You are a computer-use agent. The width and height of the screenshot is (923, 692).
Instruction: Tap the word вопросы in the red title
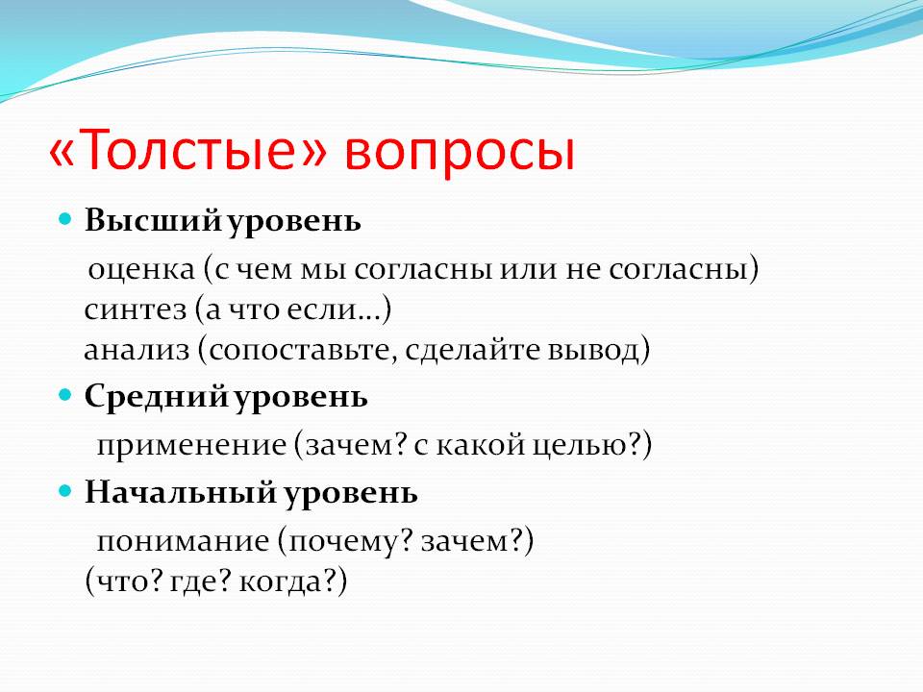(460, 154)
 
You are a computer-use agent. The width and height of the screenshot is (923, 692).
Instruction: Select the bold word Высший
(153, 221)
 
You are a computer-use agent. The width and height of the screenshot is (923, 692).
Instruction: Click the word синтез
(135, 310)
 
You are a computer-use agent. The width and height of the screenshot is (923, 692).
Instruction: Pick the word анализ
(137, 351)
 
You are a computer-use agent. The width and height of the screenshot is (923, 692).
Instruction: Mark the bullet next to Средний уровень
(64, 395)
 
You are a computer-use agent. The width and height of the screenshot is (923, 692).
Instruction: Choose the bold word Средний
(156, 397)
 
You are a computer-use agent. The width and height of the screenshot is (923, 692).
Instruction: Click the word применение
(191, 446)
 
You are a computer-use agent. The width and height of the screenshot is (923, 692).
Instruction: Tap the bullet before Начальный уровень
(64, 491)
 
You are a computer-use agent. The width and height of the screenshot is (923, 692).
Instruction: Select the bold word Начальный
(180, 492)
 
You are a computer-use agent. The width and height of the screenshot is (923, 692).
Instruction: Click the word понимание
(183, 541)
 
